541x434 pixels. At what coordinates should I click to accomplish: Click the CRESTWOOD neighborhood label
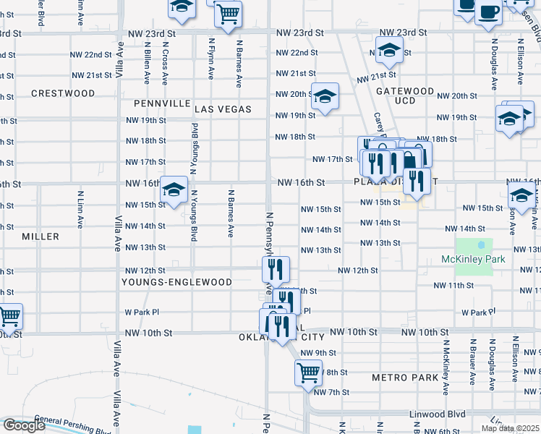click(x=63, y=93)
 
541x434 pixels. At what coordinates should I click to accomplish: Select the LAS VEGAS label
click(x=223, y=109)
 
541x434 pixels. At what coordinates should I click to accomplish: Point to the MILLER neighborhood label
click(x=41, y=237)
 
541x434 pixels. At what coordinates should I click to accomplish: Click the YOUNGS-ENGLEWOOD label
click(x=176, y=282)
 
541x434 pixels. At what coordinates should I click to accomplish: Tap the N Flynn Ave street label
click(x=212, y=59)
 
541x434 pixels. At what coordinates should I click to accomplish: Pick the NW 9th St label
click(x=318, y=353)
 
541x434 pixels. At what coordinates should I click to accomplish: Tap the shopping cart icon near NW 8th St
click(x=308, y=373)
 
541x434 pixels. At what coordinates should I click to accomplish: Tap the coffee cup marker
click(x=488, y=12)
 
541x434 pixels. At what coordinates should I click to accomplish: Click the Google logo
click(x=24, y=425)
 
